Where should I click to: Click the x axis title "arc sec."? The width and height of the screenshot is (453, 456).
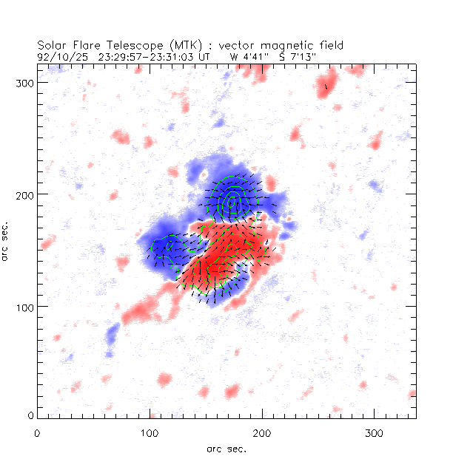226,448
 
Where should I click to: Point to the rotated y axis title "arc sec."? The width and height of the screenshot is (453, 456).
6,240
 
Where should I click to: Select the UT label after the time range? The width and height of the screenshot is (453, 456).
206,55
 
